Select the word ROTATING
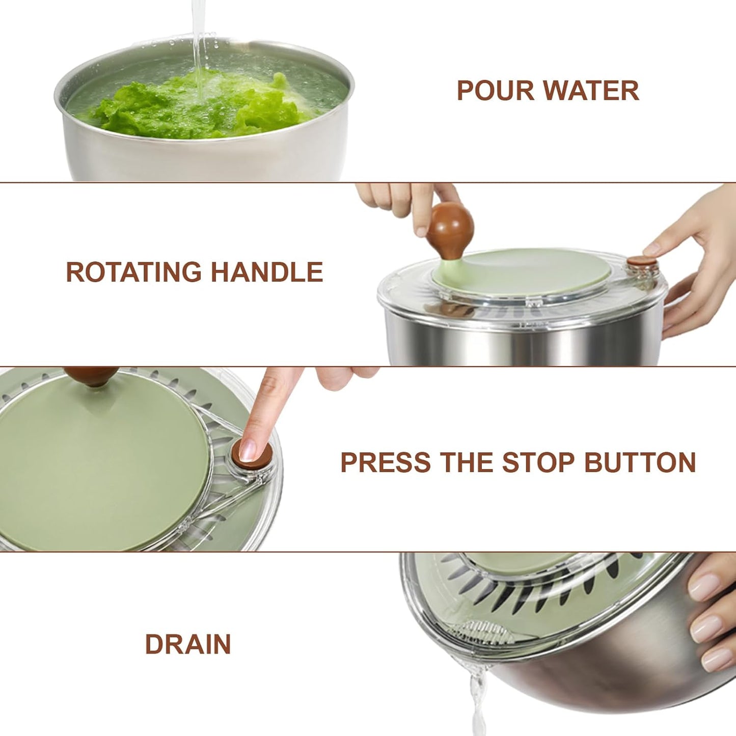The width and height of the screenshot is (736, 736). click(133, 272)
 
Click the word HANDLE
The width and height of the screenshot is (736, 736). click(267, 272)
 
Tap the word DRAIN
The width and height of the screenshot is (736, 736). click(188, 644)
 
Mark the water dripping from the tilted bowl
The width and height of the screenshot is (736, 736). click(477, 698)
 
